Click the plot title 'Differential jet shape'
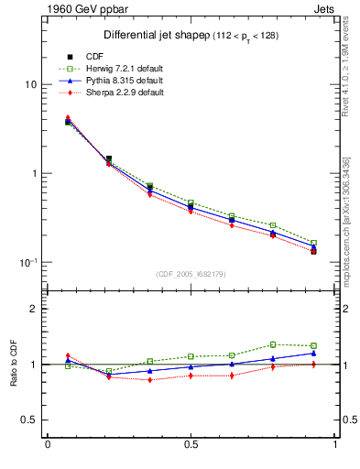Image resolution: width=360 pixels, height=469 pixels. point(150,36)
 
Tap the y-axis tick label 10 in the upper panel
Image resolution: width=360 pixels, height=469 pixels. point(30,84)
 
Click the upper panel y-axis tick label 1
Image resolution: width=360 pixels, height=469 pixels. point(33,173)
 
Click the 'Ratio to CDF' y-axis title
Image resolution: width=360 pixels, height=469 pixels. point(13,365)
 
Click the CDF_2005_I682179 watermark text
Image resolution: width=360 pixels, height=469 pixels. point(191,276)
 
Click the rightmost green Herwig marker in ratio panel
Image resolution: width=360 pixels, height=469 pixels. point(313,345)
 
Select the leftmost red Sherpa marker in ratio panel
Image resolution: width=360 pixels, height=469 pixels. point(68,355)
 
